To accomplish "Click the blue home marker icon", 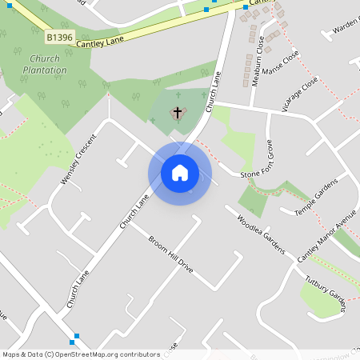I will tap(179, 173).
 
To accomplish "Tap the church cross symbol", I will tap(177, 113).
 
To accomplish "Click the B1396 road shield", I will tap(58, 38).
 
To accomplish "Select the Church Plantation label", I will tap(46, 64).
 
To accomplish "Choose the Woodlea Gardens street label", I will tap(261, 234).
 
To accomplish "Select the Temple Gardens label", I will tap(316, 196).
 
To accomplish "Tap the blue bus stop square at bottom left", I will tap(75, 336).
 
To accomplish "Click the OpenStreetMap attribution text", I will tap(81, 354).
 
